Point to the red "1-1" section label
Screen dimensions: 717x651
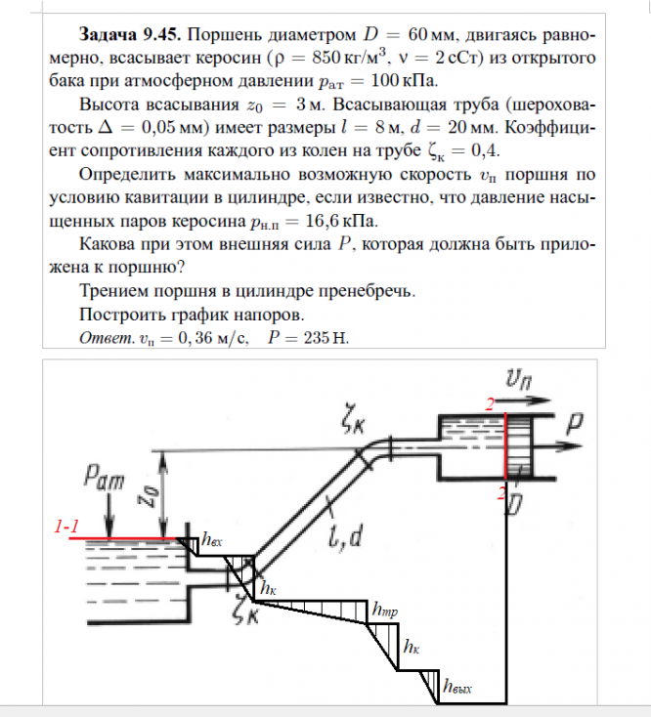click(67, 527)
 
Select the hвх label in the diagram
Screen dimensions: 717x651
click(212, 539)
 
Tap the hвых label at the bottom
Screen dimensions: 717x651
click(457, 687)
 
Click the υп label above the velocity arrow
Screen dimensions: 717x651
click(516, 378)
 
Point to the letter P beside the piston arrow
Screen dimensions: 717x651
click(578, 423)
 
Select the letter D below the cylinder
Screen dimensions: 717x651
click(513, 503)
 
